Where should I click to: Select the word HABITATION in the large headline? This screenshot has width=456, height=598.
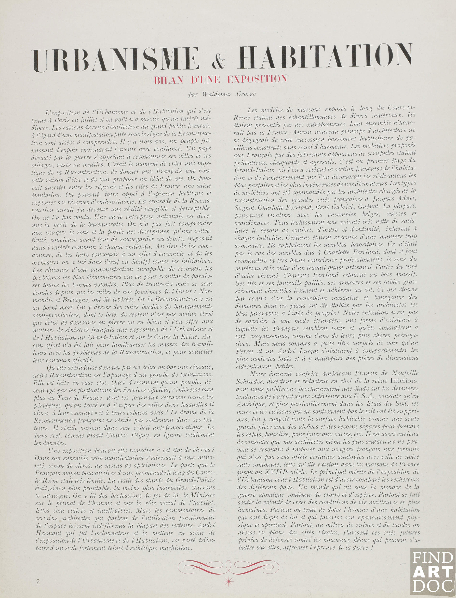[x=325, y=57]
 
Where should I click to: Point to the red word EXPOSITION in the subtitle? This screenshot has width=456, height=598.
[x=257, y=79]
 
